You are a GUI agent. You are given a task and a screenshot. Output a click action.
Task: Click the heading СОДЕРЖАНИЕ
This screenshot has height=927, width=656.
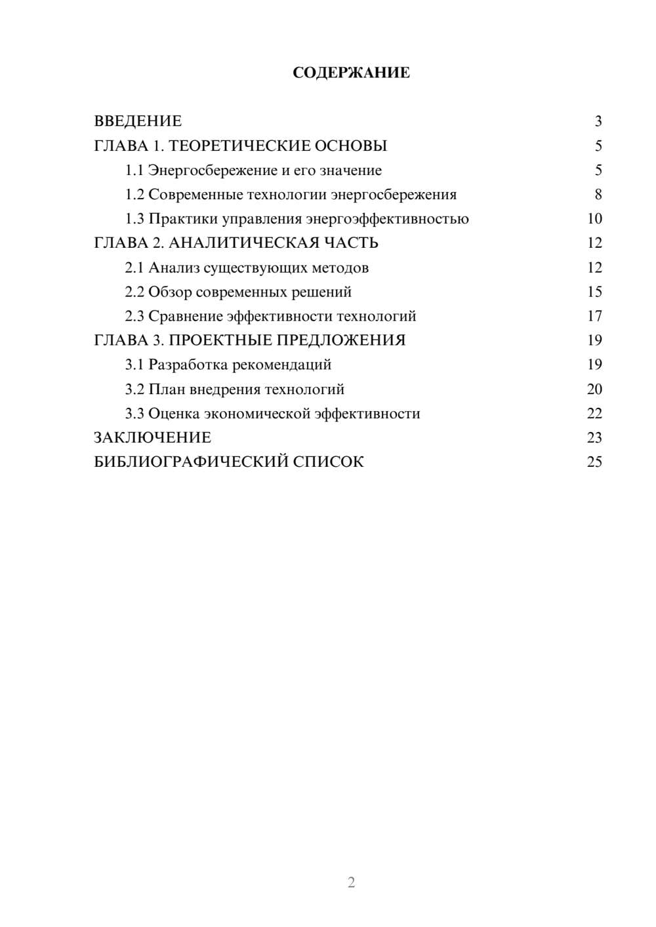pyautogui.click(x=351, y=73)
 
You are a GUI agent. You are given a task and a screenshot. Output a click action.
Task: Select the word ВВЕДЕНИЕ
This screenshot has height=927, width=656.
pyautogui.click(x=138, y=121)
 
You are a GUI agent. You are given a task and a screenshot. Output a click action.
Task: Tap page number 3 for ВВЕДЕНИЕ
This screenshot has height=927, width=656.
pyautogui.click(x=598, y=121)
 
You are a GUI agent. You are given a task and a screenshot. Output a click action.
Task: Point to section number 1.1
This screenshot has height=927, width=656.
pyautogui.click(x=134, y=170)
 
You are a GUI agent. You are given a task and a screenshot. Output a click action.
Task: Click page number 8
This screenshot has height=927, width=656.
pyautogui.click(x=598, y=195)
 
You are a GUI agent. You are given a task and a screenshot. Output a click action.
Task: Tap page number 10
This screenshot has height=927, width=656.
pyautogui.click(x=594, y=219)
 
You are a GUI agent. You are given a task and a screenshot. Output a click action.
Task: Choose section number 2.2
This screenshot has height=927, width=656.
pyautogui.click(x=134, y=292)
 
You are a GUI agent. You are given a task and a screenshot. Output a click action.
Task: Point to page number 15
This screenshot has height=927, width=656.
pyautogui.click(x=594, y=292)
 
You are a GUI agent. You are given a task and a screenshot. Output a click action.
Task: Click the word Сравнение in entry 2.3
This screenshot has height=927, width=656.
pyautogui.click(x=186, y=316)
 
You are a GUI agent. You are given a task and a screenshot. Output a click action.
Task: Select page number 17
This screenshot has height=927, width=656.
pyautogui.click(x=594, y=316)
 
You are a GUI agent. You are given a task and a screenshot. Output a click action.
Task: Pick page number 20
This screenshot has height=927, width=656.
pyautogui.click(x=594, y=389)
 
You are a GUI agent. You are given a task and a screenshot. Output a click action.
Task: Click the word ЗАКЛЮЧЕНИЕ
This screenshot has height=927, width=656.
pyautogui.click(x=152, y=438)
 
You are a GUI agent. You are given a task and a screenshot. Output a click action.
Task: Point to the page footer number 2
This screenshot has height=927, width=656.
pyautogui.click(x=351, y=882)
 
